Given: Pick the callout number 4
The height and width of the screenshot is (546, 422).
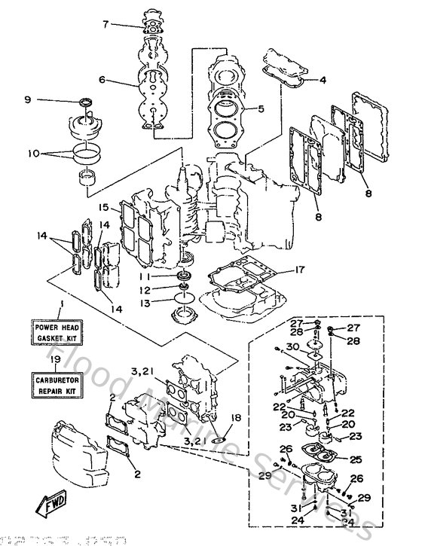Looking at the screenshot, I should pyautogui.click(x=323, y=79).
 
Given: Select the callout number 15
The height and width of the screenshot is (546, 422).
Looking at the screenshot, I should pyautogui.click(x=104, y=206).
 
